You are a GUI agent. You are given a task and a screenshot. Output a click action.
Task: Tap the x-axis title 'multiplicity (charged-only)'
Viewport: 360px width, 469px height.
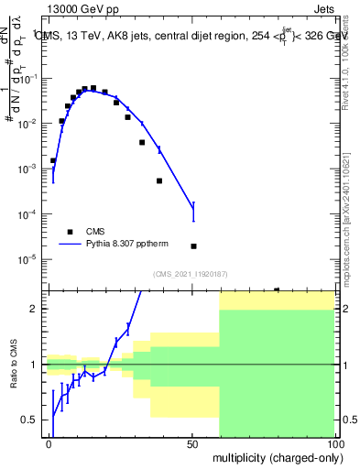pos(274,455)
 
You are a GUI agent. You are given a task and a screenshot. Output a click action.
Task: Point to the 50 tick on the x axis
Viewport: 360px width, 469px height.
pos(192,443)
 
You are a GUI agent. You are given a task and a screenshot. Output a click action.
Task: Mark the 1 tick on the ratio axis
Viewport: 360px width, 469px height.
pos(35,365)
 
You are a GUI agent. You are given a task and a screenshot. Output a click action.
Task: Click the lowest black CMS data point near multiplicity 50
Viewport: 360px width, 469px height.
pos(193,246)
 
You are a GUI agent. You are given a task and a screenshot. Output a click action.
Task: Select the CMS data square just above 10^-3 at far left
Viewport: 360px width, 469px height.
pos(53,160)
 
